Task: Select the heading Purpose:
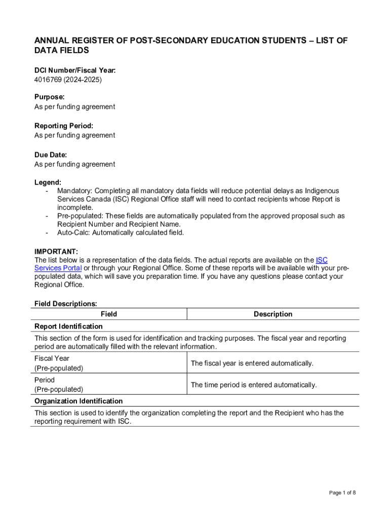pyautogui.click(x=49, y=97)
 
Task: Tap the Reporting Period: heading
pyautogui.click(x=64, y=126)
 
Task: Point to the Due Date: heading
pyautogui.click(x=51, y=155)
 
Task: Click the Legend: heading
pyautogui.click(x=48, y=182)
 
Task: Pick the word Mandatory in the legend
pyautogui.click(x=74, y=191)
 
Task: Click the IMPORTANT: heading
pyautogui.click(x=56, y=251)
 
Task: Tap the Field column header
pyautogui.click(x=109, y=314)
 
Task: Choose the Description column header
pyautogui.click(x=273, y=314)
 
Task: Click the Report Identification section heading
pyautogui.click(x=68, y=326)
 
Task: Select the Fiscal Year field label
pyautogui.click(x=52, y=358)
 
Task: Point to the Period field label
pyautogui.click(x=45, y=380)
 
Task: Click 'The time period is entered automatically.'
pyautogui.click(x=254, y=385)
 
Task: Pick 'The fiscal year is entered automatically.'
pyautogui.click(x=252, y=363)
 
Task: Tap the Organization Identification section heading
pyautogui.click(x=79, y=401)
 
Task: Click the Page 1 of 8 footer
pyautogui.click(x=342, y=493)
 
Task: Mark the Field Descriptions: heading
pyautogui.click(x=66, y=304)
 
